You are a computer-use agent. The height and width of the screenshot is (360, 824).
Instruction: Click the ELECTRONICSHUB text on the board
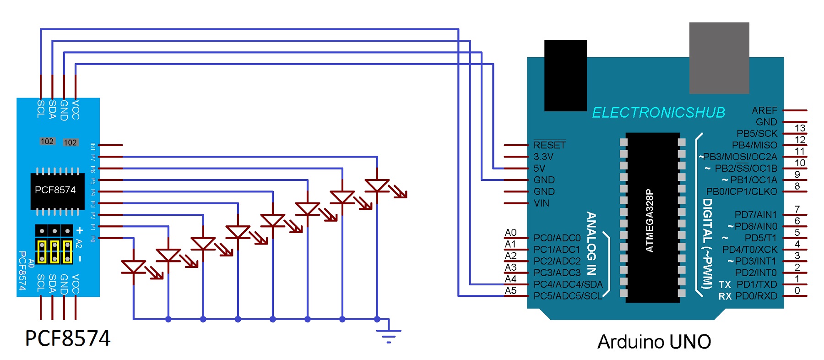pyautogui.click(x=658, y=113)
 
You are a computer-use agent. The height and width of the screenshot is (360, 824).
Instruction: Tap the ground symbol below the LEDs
pyautogui.click(x=389, y=335)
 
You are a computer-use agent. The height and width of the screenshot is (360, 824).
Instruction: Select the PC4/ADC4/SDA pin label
pyautogui.click(x=568, y=284)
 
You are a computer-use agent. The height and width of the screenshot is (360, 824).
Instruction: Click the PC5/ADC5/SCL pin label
pyautogui.click(x=568, y=296)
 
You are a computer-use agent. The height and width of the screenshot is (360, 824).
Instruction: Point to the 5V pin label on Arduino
pyautogui.click(x=539, y=168)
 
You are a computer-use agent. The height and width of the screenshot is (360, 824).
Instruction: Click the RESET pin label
pyautogui.click(x=549, y=145)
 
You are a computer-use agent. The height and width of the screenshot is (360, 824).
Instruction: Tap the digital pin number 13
pyautogui.click(x=800, y=128)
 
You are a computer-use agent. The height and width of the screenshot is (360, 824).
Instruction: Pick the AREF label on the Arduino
pyautogui.click(x=764, y=110)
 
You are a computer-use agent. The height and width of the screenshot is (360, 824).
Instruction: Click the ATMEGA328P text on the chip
pyautogui.click(x=650, y=220)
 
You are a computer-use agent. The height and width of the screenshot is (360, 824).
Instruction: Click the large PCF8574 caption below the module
pyautogui.click(x=67, y=338)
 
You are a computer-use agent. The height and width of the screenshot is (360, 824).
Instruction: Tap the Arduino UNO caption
pyautogui.click(x=654, y=342)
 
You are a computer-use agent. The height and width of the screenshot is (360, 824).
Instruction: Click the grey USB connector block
pyautogui.click(x=719, y=58)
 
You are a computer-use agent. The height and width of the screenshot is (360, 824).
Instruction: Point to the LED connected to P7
pyautogui.click(x=377, y=185)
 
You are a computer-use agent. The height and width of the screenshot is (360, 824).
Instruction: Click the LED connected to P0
pyautogui.click(x=134, y=267)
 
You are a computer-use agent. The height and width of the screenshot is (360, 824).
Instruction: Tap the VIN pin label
pyautogui.click(x=541, y=203)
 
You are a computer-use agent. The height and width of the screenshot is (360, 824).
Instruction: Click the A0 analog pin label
pyautogui.click(x=510, y=233)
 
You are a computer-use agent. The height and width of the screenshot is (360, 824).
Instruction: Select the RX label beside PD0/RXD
pyautogui.click(x=725, y=296)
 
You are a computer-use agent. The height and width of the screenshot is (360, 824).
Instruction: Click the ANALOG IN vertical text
pyautogui.click(x=591, y=243)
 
